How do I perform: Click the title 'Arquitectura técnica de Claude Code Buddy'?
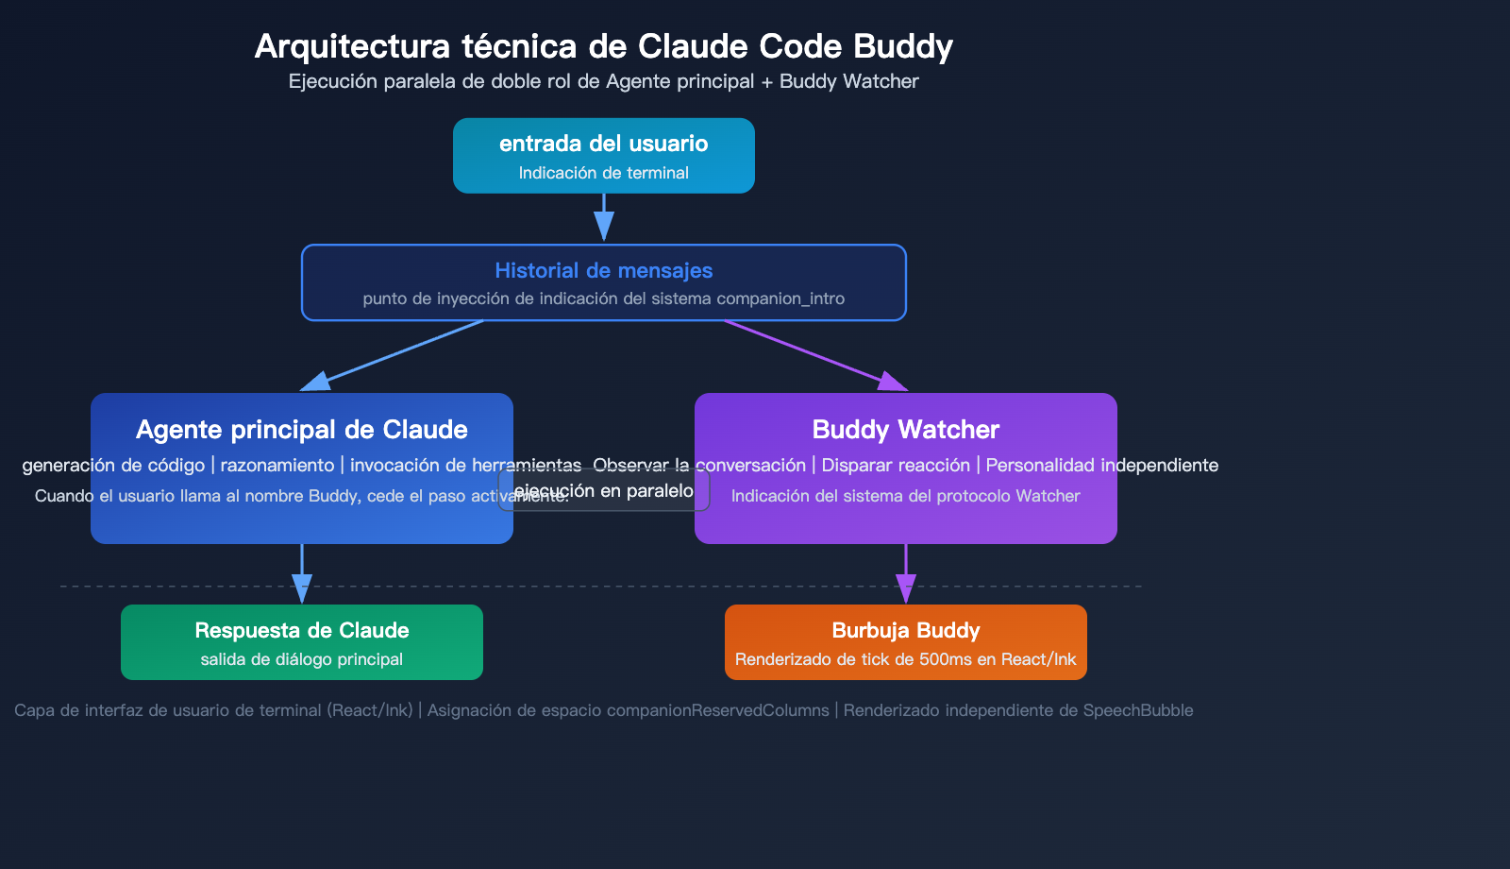[603, 46]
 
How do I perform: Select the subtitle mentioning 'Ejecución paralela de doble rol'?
[603, 81]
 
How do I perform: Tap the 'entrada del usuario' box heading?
[603, 144]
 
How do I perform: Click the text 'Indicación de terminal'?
[603, 173]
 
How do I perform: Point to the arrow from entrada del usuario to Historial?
[604, 217]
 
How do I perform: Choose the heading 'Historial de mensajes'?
[603, 271]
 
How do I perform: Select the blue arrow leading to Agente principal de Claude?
[396, 354]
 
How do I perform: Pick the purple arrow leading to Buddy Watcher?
[812, 354]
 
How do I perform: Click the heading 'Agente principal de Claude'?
[302, 430]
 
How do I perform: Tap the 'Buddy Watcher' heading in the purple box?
[905, 430]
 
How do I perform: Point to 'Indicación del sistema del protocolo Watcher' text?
[905, 496]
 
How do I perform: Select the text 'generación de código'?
[113, 466]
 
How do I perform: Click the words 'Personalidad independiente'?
[1101, 466]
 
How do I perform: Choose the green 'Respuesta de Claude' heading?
[302, 631]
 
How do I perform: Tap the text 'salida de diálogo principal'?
[302, 659]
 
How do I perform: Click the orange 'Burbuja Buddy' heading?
[905, 631]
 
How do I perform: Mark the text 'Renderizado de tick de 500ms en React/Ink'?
[905, 659]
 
